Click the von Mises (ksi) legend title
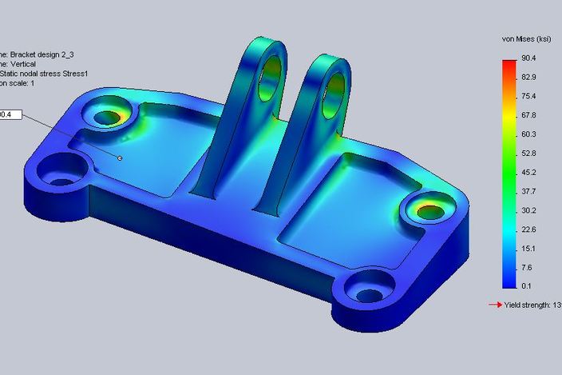click(x=525, y=38)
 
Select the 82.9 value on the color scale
click(x=529, y=77)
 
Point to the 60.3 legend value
click(x=529, y=134)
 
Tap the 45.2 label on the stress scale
click(x=529, y=172)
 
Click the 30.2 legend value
click(x=529, y=210)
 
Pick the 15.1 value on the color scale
click(x=529, y=248)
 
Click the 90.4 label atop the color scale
click(x=529, y=58)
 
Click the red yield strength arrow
click(x=495, y=305)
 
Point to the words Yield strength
click(x=527, y=305)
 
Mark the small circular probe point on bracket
click(x=120, y=158)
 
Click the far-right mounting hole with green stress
click(x=427, y=211)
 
